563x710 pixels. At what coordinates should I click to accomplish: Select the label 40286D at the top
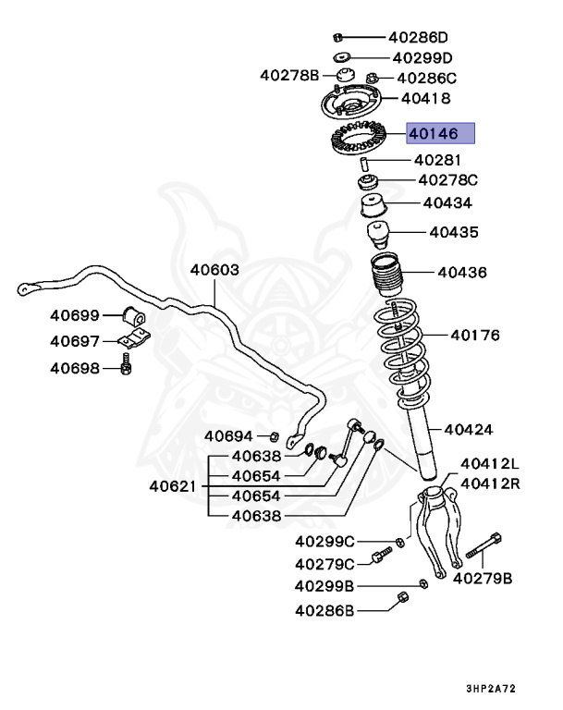(417, 38)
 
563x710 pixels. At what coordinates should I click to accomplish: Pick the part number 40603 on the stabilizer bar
(214, 271)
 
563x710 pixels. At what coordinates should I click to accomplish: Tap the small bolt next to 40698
(126, 367)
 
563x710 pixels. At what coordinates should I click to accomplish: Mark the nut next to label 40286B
(402, 597)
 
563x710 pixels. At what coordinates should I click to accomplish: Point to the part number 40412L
(490, 463)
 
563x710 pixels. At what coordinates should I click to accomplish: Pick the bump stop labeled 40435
(377, 233)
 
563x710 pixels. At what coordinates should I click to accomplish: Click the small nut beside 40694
(274, 435)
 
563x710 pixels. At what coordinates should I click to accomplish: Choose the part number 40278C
(447, 180)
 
